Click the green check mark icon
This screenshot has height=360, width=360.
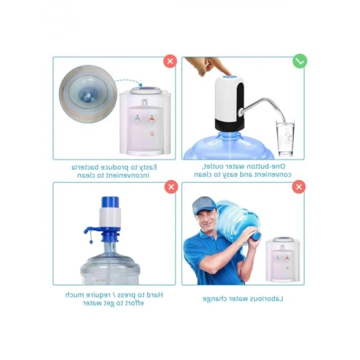tap(300, 61)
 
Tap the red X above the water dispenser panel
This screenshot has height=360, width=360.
tap(170, 61)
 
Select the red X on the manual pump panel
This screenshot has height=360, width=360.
tap(171, 187)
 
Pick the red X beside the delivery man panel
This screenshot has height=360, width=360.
tap(299, 187)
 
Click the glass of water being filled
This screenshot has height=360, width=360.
tap(285, 139)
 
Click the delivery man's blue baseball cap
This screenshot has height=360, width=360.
tap(204, 205)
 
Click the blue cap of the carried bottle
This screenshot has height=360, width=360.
tap(256, 236)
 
